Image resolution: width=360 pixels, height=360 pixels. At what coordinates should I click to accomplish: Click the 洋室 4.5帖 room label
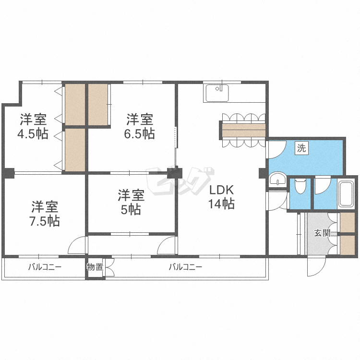pyautogui.click(x=33, y=126)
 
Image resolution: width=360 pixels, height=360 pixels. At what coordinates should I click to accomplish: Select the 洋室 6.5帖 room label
pyautogui.click(x=140, y=126)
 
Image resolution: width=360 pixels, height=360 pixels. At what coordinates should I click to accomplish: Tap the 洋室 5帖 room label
pyautogui.click(x=131, y=202)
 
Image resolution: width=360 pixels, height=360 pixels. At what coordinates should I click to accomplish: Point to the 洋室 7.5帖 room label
pyautogui.click(x=46, y=214)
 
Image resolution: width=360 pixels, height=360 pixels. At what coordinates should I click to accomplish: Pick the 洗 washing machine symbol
pyautogui.click(x=301, y=148)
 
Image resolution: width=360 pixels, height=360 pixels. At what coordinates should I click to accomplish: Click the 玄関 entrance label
pyautogui.click(x=322, y=234)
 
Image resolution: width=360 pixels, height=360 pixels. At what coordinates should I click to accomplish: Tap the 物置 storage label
pyautogui.click(x=95, y=267)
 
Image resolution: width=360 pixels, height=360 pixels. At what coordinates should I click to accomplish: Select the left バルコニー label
pyautogui.click(x=44, y=267)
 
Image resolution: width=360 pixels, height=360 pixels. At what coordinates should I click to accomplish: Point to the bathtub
pyautogui.click(x=346, y=193)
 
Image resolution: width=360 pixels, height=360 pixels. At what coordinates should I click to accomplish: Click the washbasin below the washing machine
pyautogui.click(x=276, y=181)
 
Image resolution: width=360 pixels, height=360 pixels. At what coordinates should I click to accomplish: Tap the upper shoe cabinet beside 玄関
pyautogui.click(x=347, y=222)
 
